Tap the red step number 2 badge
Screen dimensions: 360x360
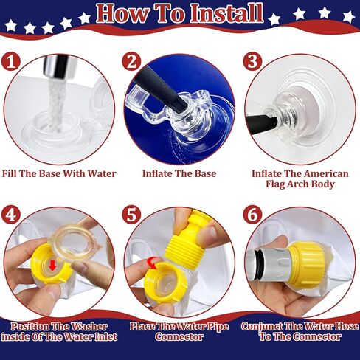[x=132, y=62]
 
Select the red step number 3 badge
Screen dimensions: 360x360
[x=253, y=62]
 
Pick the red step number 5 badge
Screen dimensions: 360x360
[x=133, y=216]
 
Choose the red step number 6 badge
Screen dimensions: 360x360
[x=253, y=216]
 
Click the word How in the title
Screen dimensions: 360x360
[x=123, y=13]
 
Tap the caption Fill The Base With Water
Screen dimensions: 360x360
[x=59, y=173]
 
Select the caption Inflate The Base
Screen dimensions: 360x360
[x=179, y=173]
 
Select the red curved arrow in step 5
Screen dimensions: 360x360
[x=153, y=261]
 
